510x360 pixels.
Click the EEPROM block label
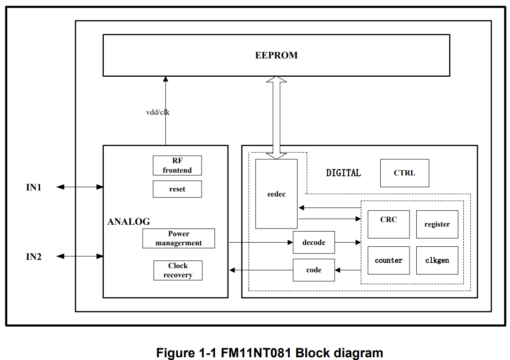(276, 55)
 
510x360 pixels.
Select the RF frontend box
(177, 165)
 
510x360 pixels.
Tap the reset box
(177, 189)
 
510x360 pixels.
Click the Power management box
(179, 238)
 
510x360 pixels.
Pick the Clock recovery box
(178, 270)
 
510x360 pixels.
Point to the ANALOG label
(129, 222)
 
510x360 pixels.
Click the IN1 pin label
(34, 187)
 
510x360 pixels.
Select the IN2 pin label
(34, 257)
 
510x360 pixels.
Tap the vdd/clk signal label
(158, 112)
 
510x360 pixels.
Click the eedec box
(276, 194)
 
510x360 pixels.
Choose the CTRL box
(404, 173)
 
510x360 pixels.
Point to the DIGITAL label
(344, 173)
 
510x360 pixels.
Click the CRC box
(389, 224)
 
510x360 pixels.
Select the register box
(437, 224)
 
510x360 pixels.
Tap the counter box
(389, 260)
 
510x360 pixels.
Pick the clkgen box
(437, 260)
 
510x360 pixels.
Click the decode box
(314, 242)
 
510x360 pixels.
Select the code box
(314, 270)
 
